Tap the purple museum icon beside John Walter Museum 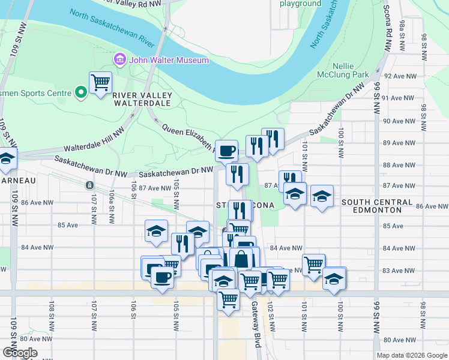[x=119, y=60]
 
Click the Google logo [x=19, y=353]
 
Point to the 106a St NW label [x=112, y=205]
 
